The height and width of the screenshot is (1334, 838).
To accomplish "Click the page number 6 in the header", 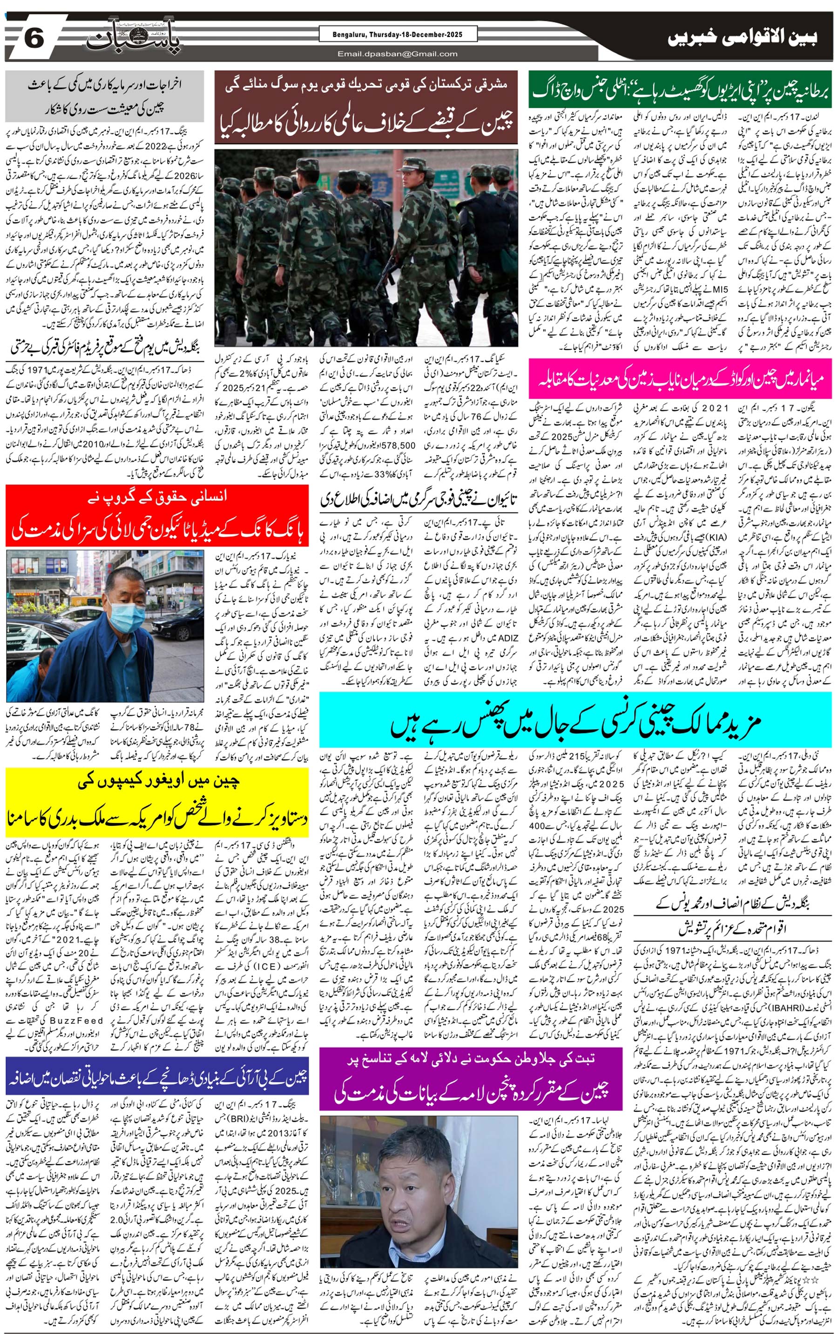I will point(33,39).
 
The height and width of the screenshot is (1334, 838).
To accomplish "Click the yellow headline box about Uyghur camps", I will point(157,802).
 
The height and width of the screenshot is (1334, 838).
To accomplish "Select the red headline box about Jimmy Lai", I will point(157,515).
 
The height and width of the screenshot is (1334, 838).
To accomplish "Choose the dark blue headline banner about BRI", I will point(157,1077).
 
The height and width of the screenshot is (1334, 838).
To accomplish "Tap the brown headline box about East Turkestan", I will point(366,107).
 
